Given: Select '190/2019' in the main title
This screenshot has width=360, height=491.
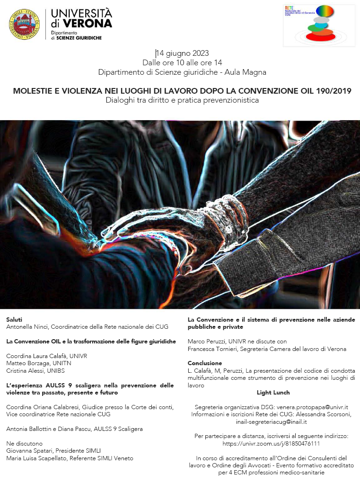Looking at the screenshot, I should [x=334, y=91].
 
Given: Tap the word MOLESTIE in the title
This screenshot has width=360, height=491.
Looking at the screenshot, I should [x=32, y=91].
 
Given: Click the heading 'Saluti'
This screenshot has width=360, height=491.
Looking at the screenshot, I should [x=14, y=320].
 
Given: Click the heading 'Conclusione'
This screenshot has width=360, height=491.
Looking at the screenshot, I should [x=205, y=363].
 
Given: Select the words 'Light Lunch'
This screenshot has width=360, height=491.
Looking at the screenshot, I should [x=273, y=393].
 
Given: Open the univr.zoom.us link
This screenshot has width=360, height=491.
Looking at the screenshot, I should [x=271, y=443].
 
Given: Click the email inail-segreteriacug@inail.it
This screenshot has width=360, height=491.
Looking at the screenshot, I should [x=271, y=421].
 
